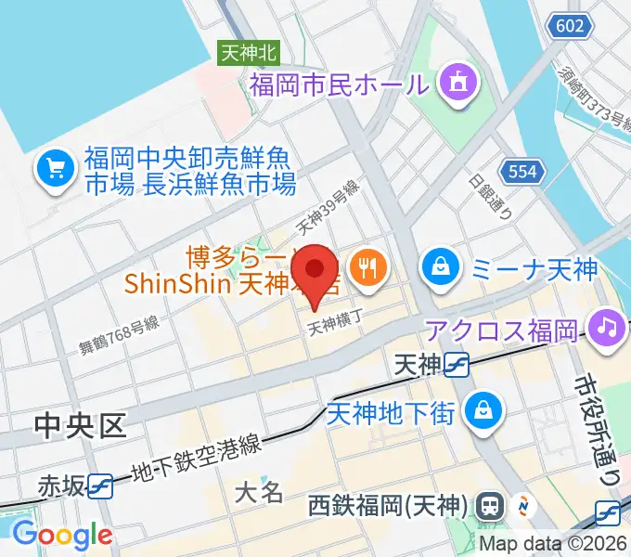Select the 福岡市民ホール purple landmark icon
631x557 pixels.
click(456, 84)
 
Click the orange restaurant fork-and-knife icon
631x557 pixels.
click(369, 266)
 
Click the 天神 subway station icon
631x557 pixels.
click(456, 366)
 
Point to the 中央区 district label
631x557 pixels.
click(79, 425)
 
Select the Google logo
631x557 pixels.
click(62, 535)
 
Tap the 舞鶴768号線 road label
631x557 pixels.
click(118, 334)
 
